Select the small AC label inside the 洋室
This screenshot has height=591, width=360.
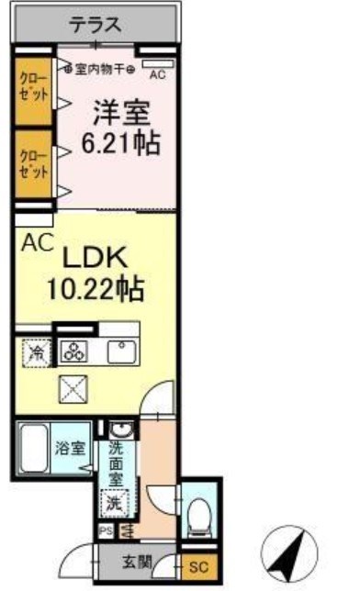click(x=157, y=74)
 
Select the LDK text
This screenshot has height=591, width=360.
click(x=95, y=259)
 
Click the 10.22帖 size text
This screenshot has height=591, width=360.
click(x=96, y=291)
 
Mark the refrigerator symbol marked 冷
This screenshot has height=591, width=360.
click(x=38, y=351)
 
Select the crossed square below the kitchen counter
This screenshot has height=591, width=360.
click(x=72, y=390)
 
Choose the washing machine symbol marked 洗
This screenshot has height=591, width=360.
click(x=113, y=504)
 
